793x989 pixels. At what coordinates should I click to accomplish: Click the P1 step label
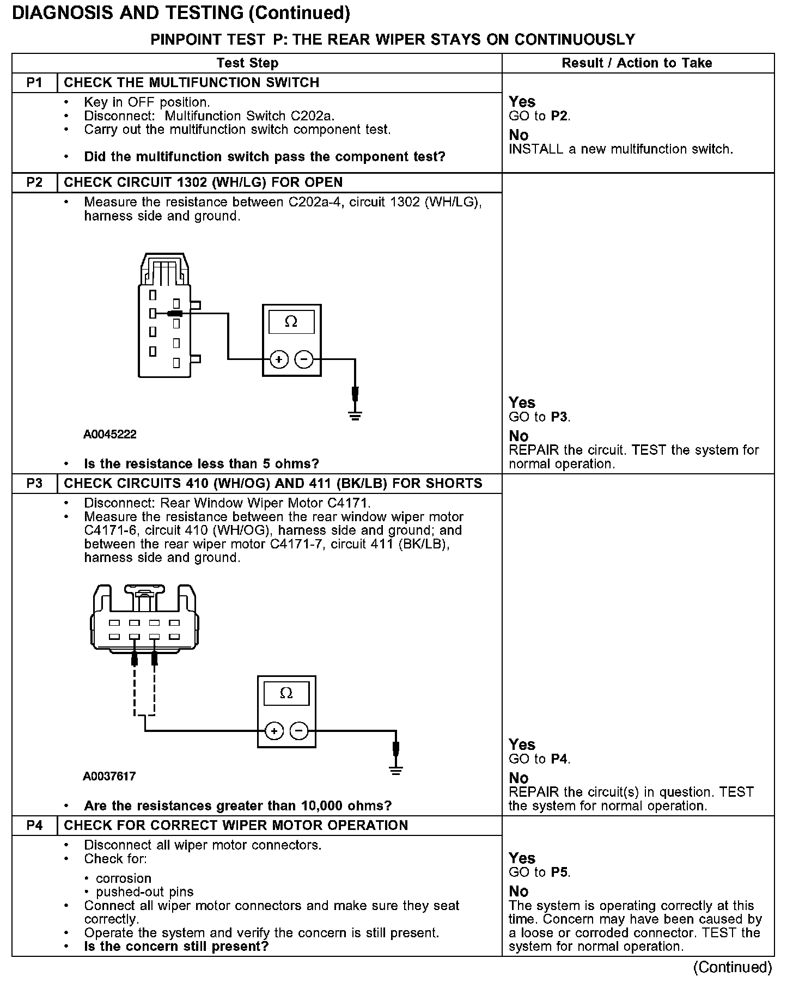[34, 83]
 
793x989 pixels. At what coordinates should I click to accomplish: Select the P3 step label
[34, 484]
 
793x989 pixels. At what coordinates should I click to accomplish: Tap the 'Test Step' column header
[247, 63]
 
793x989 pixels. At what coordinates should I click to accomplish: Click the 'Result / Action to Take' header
[637, 63]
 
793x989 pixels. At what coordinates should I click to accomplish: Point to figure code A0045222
[110, 435]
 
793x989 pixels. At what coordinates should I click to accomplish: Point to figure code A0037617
[109, 776]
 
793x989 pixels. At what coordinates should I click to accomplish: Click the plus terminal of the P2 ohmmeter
[279, 359]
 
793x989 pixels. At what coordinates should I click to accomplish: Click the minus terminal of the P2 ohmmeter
[304, 359]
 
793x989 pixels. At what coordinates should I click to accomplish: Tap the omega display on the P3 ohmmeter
[286, 693]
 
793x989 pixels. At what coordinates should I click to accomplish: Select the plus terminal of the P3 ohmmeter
[274, 731]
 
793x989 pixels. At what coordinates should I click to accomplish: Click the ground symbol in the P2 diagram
[355, 417]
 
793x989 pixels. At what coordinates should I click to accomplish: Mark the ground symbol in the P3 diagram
[396, 770]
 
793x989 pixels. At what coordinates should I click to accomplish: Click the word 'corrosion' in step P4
[124, 878]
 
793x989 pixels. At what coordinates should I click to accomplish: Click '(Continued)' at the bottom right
[732, 967]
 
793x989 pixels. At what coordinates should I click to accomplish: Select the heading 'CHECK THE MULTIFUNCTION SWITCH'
[192, 83]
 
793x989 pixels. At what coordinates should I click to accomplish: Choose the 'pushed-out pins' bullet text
[145, 892]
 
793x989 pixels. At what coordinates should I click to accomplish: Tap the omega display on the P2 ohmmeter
[291, 322]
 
